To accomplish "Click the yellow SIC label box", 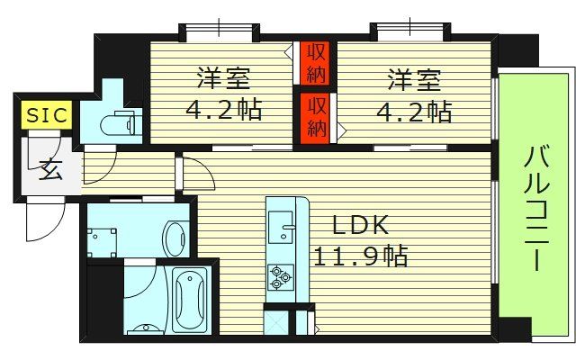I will pos(40,115).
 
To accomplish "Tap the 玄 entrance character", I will pos(49,168).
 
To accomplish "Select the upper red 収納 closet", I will pos(314,61).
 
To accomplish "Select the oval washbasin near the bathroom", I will pos(173,236).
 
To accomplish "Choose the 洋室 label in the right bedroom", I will pos(414,79).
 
